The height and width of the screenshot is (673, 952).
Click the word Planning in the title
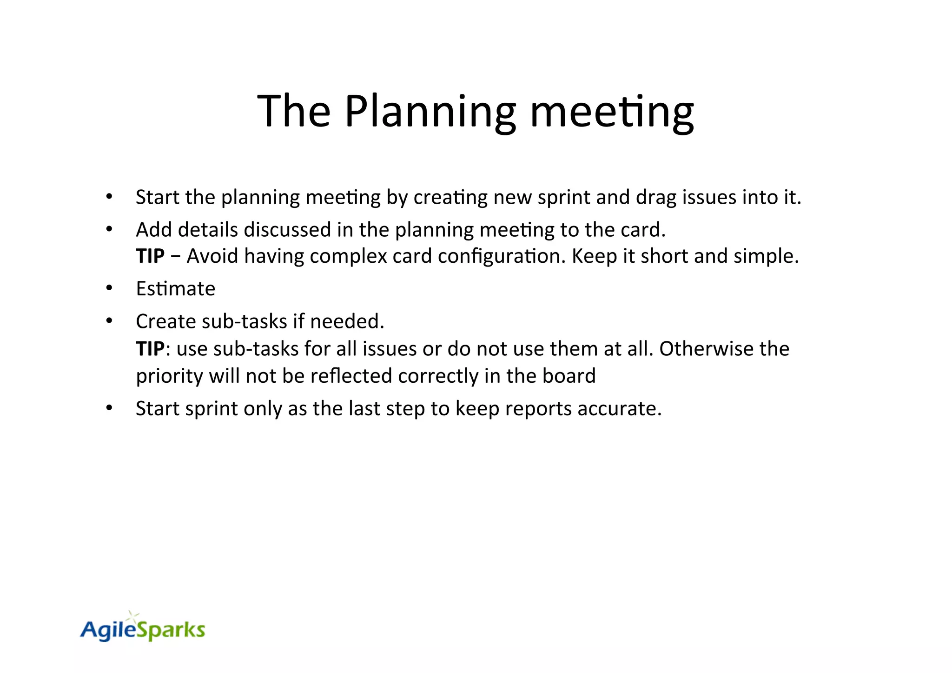click(x=430, y=112)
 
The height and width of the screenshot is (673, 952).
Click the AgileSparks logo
click(x=143, y=629)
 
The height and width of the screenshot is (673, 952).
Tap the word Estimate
click(x=176, y=289)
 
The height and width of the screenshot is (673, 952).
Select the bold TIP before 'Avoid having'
click(x=150, y=256)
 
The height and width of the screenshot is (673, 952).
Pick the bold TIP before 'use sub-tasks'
click(x=150, y=349)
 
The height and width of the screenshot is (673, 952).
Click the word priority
click(x=169, y=376)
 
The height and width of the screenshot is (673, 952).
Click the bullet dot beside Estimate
click(x=109, y=288)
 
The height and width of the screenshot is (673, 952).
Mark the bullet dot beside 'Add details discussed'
click(x=109, y=229)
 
